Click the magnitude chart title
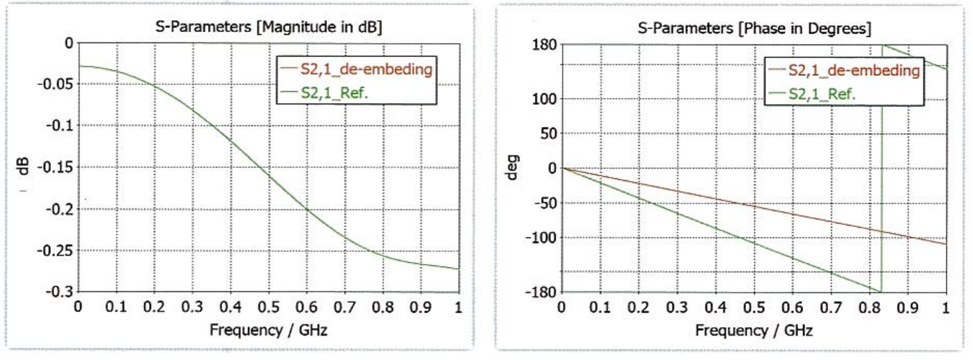click(x=268, y=26)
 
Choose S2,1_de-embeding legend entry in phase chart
click(x=854, y=70)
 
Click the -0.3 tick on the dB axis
click(x=59, y=292)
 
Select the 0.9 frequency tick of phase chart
click(x=908, y=307)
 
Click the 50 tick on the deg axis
click(x=548, y=133)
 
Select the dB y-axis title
click(x=22, y=167)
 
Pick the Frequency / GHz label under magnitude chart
click(x=268, y=329)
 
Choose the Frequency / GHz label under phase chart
click(x=754, y=329)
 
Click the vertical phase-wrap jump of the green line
click(x=882, y=167)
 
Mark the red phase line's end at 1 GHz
click(x=945, y=244)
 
